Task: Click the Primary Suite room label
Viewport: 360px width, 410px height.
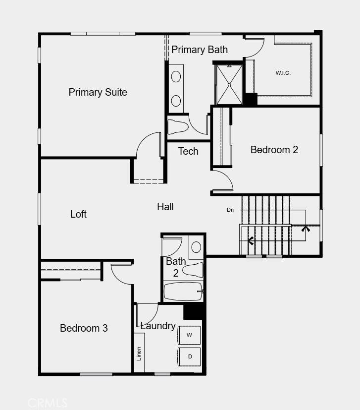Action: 98,92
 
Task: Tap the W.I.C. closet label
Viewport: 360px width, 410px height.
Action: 283,73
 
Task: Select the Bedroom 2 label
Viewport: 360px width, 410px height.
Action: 274,150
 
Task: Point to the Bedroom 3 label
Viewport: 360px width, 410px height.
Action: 84,328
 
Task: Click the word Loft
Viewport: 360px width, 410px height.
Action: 78,214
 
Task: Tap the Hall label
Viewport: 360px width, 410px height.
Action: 165,207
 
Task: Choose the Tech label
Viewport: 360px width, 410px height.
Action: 188,151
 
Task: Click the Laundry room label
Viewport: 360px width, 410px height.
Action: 157,326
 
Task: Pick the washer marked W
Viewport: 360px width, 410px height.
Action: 189,336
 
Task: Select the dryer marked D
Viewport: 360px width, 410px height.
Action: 190,356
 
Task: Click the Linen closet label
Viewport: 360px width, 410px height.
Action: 139,353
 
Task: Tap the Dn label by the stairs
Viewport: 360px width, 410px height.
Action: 230,210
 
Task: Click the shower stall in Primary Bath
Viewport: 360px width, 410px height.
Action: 229,84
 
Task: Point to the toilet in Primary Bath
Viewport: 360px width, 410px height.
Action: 178,126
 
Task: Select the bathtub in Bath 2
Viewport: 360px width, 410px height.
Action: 183,292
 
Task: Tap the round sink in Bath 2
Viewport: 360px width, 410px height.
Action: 196,247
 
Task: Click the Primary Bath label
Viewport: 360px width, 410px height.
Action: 200,50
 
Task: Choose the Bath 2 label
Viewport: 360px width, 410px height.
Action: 176,267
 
